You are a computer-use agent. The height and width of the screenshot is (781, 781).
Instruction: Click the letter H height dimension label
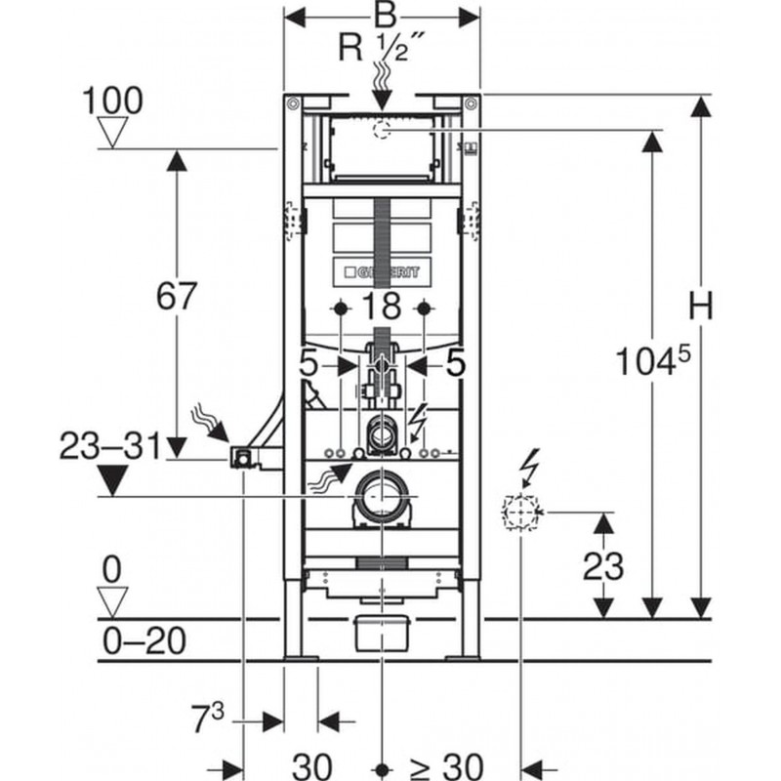pyautogui.click(x=700, y=305)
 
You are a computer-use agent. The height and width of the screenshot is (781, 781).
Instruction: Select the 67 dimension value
pyautogui.click(x=177, y=296)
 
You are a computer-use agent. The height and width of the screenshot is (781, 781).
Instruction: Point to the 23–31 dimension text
pyautogui.click(x=110, y=446)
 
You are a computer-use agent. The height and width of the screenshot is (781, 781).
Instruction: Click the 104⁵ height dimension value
pyautogui.click(x=653, y=360)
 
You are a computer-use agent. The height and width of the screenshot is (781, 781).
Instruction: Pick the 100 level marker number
pyautogui.click(x=112, y=101)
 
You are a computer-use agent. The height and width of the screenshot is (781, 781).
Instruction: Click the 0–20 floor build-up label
pyautogui.click(x=144, y=640)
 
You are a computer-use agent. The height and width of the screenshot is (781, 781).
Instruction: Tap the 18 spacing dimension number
pyautogui.click(x=382, y=306)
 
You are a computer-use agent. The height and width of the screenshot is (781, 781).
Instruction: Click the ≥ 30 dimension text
pyautogui.click(x=446, y=765)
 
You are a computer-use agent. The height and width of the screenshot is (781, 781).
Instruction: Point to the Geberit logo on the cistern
pyautogui.click(x=382, y=272)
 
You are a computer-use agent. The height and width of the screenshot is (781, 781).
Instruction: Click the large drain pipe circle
pyautogui.click(x=382, y=498)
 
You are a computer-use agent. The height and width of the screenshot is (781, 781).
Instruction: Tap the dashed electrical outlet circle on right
pyautogui.click(x=520, y=512)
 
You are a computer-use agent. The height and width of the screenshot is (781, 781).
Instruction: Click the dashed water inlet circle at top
pyautogui.click(x=382, y=130)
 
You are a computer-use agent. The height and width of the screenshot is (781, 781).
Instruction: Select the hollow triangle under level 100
pyautogui.click(x=112, y=132)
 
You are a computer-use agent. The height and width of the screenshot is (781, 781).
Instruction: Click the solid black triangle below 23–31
pyautogui.click(x=112, y=480)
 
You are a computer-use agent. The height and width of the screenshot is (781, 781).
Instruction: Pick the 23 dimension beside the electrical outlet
pyautogui.click(x=603, y=566)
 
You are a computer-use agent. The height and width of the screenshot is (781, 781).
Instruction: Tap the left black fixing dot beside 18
pyautogui.click(x=341, y=308)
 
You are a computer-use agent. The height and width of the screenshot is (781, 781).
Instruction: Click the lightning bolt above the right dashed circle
pyautogui.click(x=528, y=467)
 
